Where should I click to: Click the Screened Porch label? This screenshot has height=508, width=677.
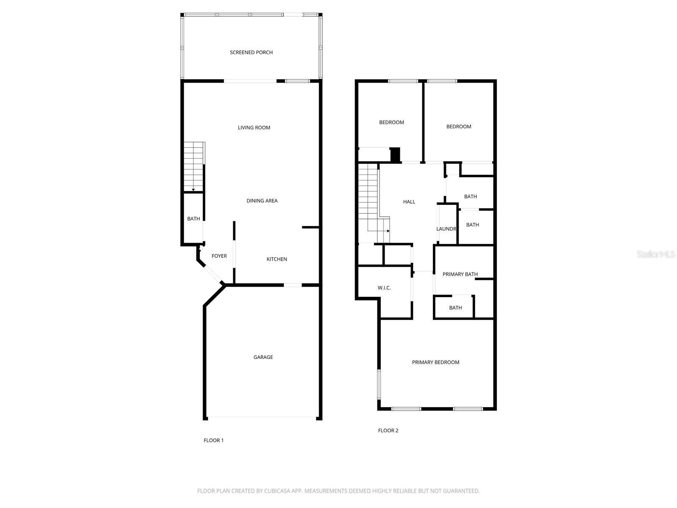pyautogui.click(x=251, y=52)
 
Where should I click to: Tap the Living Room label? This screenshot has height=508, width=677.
pyautogui.click(x=254, y=127)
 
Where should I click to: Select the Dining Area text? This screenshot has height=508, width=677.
pyautogui.click(x=262, y=201)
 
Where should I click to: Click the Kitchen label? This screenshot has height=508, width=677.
pyautogui.click(x=277, y=259)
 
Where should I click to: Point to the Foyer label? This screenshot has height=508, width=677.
pyautogui.click(x=219, y=256)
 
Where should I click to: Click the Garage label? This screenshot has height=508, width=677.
pyautogui.click(x=263, y=357)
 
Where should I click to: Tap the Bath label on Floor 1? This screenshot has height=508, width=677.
pyautogui.click(x=193, y=219)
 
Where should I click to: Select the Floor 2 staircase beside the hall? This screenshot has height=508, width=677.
pyautogui.click(x=369, y=199)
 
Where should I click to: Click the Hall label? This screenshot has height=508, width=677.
pyautogui.click(x=409, y=202)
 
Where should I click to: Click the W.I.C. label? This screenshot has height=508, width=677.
pyautogui.click(x=384, y=288)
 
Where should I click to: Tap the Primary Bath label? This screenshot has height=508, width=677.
pyautogui.click(x=460, y=274)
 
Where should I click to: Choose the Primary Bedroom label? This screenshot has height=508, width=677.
pyautogui.click(x=435, y=362)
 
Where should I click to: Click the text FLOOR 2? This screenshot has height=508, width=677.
pyautogui.click(x=388, y=431)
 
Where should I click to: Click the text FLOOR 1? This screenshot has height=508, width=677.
pyautogui.click(x=214, y=440)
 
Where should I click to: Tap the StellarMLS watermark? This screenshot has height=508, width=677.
pyautogui.click(x=656, y=254)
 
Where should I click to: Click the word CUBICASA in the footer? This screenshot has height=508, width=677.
pyautogui.click(x=276, y=491)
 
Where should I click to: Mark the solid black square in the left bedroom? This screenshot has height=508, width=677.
pyautogui.click(x=395, y=155)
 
